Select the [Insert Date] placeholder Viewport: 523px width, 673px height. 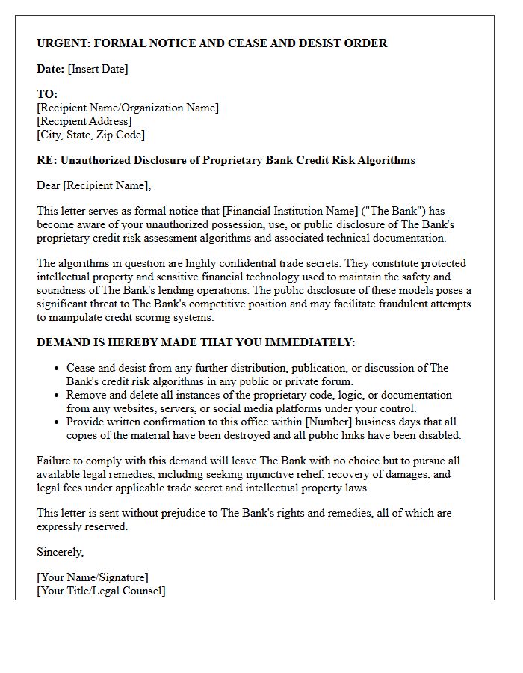[x=98, y=69]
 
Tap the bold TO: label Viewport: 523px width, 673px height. [x=47, y=95]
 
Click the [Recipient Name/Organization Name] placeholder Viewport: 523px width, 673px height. [x=128, y=108]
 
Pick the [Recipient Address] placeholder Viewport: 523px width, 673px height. [x=84, y=121]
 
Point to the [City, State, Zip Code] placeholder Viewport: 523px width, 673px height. [x=90, y=135]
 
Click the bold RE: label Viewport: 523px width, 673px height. [x=46, y=160]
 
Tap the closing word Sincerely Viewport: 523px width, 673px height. [x=61, y=552]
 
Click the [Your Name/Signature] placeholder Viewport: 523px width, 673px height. [x=93, y=577]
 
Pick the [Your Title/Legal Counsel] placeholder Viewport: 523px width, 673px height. [x=101, y=591]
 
